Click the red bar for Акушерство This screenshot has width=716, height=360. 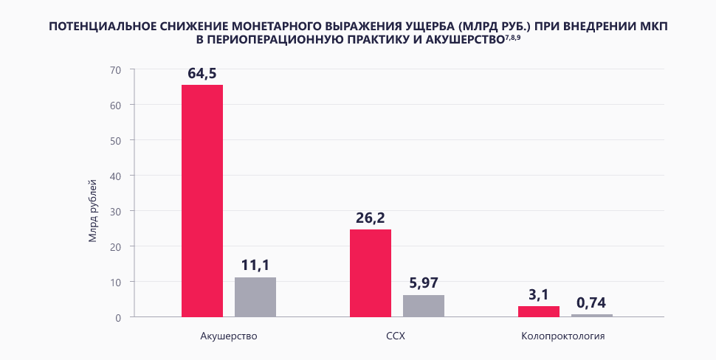pyautogui.click(x=202, y=201)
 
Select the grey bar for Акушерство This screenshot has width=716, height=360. pyautogui.click(x=255, y=297)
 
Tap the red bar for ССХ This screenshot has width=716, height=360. pyautogui.click(x=371, y=273)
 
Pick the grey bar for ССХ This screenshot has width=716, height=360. pyautogui.click(x=424, y=305)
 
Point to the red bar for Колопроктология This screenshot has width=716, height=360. pyautogui.click(x=539, y=311)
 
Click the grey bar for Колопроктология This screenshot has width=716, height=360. pyautogui.click(x=592, y=315)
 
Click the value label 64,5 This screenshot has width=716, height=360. pyautogui.click(x=202, y=73)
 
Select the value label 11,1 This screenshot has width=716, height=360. pyautogui.click(x=255, y=265)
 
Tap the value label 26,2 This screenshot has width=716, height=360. pyautogui.click(x=371, y=218)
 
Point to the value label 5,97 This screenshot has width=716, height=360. pyautogui.click(x=424, y=283)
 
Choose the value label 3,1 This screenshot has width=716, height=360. pyautogui.click(x=539, y=294)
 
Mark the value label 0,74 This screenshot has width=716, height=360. pyautogui.click(x=592, y=302)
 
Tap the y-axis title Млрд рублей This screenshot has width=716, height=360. pyautogui.click(x=93, y=211)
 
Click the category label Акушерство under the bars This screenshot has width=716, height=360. pyautogui.click(x=229, y=336)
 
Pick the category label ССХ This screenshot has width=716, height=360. pyautogui.click(x=396, y=336)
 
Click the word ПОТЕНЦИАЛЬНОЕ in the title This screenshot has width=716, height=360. pyautogui.click(x=100, y=26)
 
